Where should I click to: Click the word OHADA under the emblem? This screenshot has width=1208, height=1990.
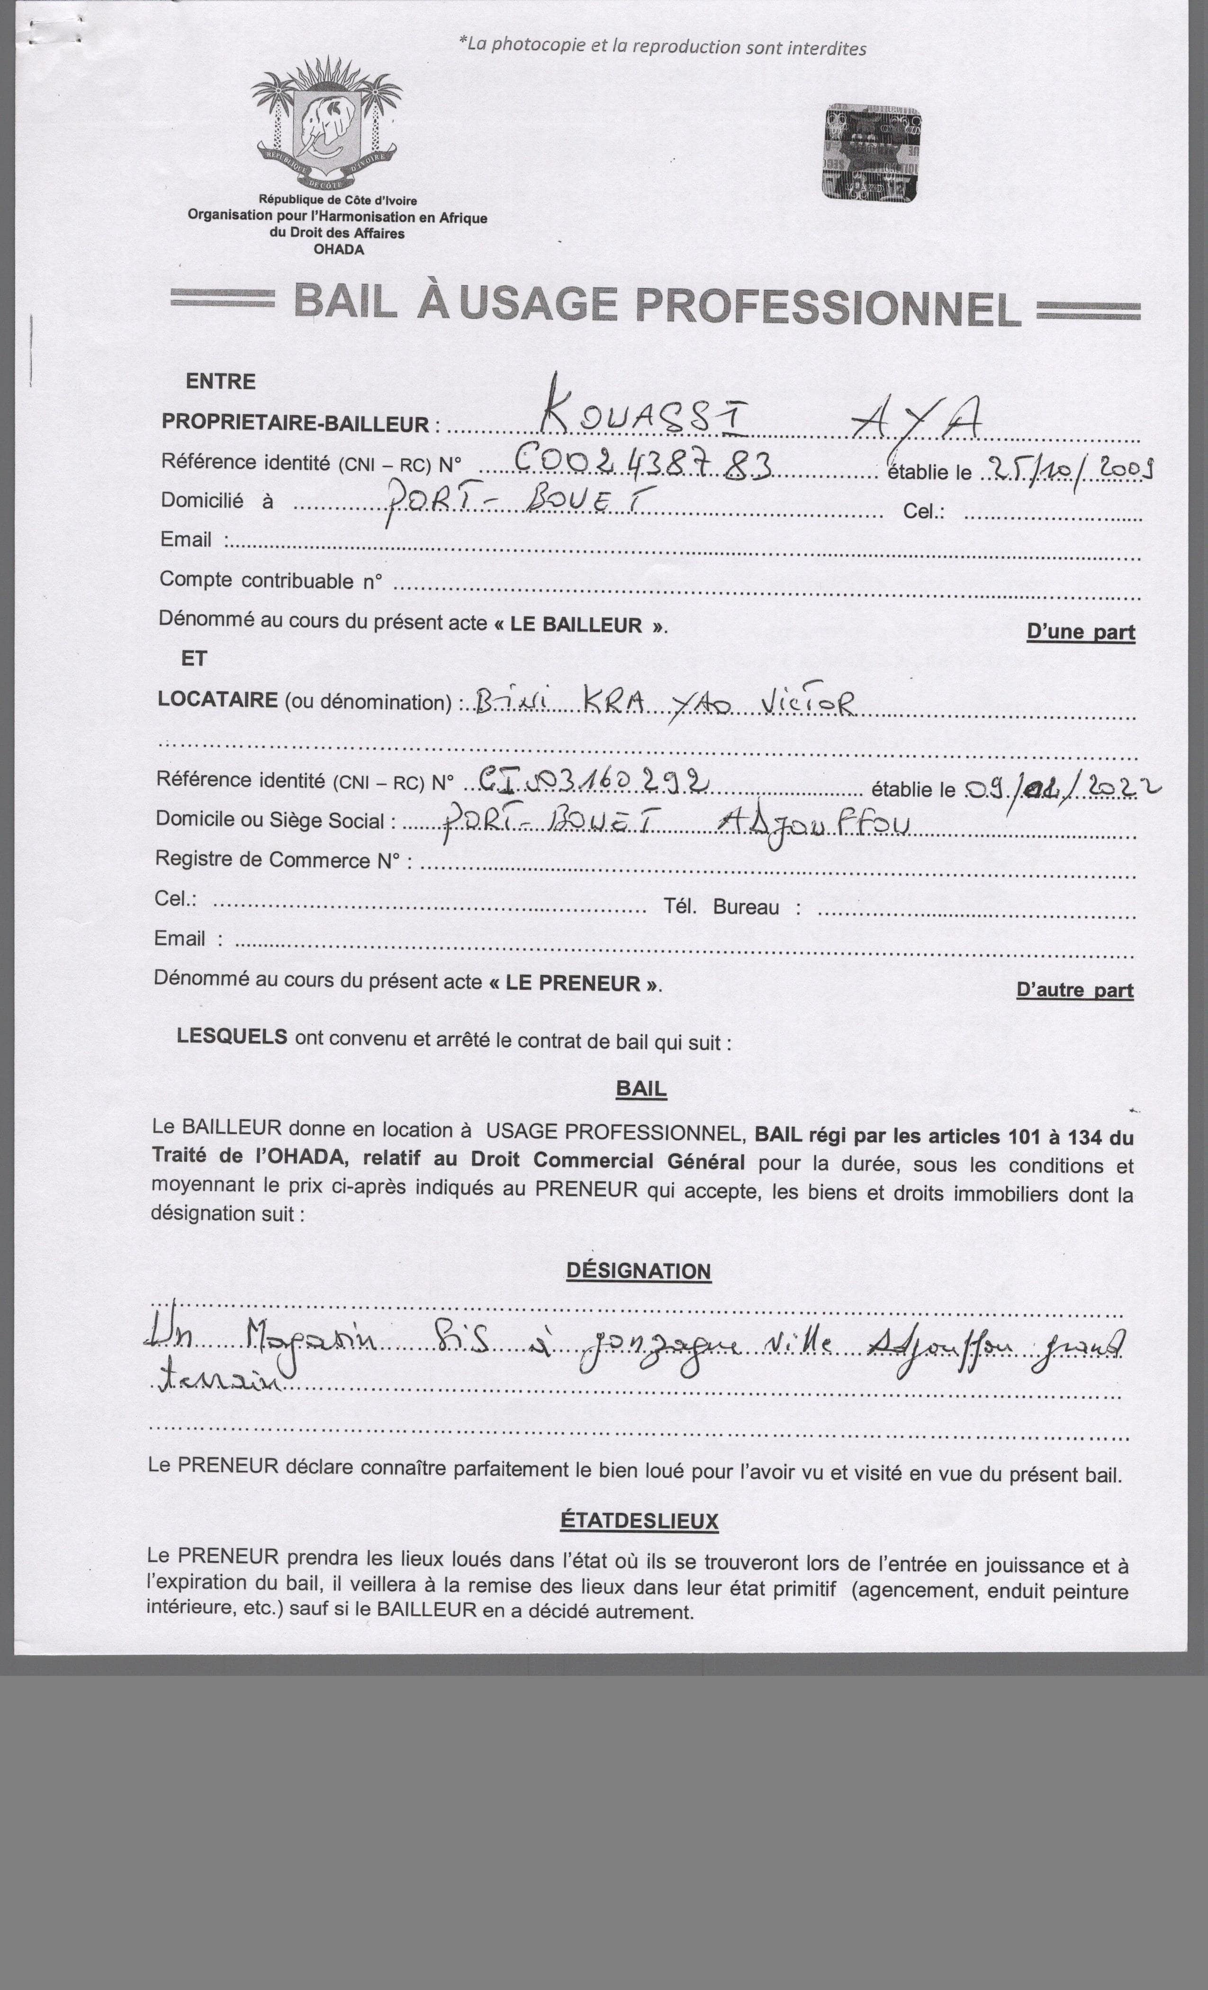click(x=339, y=250)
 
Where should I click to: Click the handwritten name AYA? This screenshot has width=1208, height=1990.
click(x=917, y=418)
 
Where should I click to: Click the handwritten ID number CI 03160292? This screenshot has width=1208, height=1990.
click(x=594, y=781)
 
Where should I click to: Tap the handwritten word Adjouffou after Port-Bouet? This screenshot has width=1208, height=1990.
click(x=814, y=824)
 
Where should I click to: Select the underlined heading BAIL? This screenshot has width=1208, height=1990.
click(x=641, y=1089)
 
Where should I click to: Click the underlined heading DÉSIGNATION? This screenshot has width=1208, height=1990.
click(x=638, y=1270)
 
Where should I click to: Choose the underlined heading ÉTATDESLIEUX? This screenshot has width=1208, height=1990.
click(x=639, y=1521)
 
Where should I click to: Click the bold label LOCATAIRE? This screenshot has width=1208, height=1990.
click(x=218, y=699)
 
